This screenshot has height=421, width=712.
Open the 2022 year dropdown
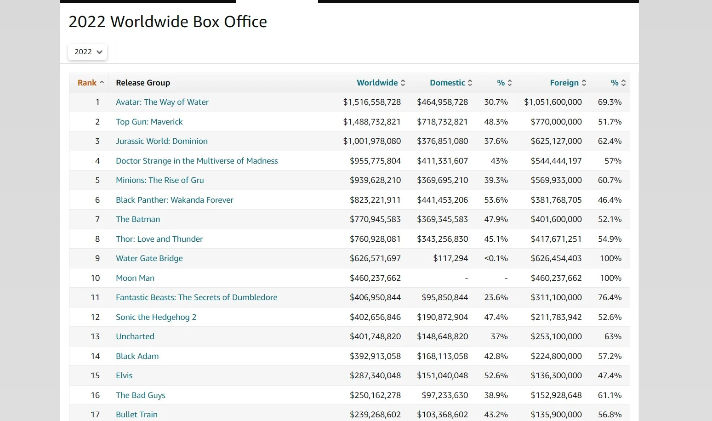(x=88, y=52)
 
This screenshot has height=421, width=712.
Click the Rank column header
(x=87, y=83)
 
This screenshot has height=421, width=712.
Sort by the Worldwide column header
(x=377, y=83)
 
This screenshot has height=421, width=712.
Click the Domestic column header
(x=447, y=83)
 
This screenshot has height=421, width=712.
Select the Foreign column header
(x=564, y=83)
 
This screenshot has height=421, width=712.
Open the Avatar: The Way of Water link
(x=162, y=102)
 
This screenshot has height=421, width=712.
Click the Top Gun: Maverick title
(x=149, y=122)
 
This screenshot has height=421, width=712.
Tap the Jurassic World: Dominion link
(x=162, y=141)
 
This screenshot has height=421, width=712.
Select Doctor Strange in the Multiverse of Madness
(x=197, y=161)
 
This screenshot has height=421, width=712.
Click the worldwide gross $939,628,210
(x=375, y=180)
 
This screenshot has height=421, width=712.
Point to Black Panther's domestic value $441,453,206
(x=442, y=200)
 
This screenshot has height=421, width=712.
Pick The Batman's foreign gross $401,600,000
(x=556, y=219)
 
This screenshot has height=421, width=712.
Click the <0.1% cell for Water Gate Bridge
(x=496, y=258)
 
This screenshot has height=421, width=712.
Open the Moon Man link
(x=135, y=278)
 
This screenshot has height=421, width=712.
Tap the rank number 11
(x=95, y=297)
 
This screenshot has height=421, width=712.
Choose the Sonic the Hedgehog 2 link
(x=156, y=317)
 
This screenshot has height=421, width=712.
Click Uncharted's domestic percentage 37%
(x=499, y=336)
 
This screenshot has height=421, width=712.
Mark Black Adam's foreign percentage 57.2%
(x=609, y=356)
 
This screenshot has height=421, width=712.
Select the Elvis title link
(x=124, y=375)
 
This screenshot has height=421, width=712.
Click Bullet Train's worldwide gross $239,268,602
(x=375, y=415)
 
